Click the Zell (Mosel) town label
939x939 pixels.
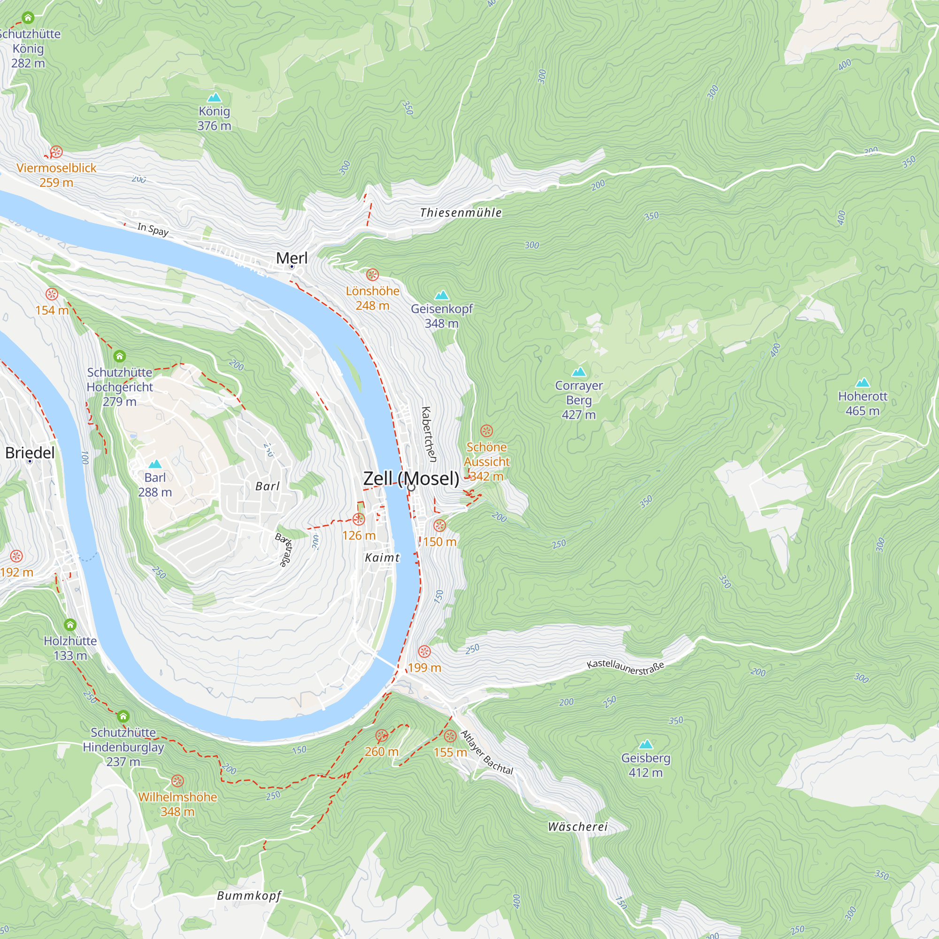[411, 478]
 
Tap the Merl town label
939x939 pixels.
[292, 258]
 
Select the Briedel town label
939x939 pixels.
[30, 453]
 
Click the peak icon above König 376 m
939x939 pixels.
[215, 98]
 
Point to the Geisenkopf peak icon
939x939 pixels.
[441, 295]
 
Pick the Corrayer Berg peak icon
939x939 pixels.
[578, 372]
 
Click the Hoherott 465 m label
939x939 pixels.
[862, 403]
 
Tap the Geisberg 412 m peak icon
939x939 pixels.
[646, 744]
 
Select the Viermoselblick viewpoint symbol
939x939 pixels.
[56, 152]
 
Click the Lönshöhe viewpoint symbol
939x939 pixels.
[372, 275]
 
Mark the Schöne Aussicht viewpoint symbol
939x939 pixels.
[486, 431]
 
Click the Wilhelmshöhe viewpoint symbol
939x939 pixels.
[177, 781]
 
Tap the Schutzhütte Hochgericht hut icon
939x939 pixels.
[120, 356]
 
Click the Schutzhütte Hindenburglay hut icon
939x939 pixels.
[123, 716]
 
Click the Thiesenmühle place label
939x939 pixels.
[460, 212]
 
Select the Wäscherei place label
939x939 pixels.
[577, 826]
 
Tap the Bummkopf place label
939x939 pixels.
[249, 895]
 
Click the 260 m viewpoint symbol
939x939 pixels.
[382, 735]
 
